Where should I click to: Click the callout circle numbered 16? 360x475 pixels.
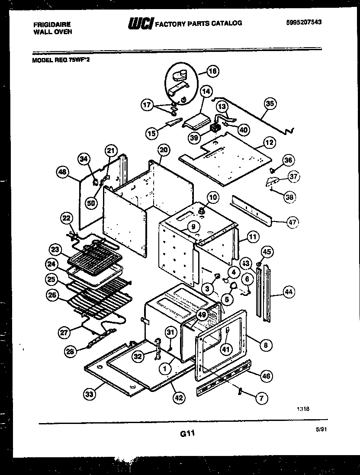click(x=212, y=71)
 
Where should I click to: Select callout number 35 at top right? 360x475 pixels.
click(x=270, y=103)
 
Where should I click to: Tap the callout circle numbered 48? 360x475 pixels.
click(x=63, y=172)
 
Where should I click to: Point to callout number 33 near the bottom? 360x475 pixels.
click(x=90, y=394)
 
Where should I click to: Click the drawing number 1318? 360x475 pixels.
click(x=303, y=407)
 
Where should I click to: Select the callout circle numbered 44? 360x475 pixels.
click(x=289, y=292)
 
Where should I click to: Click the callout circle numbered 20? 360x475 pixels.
click(x=163, y=150)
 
